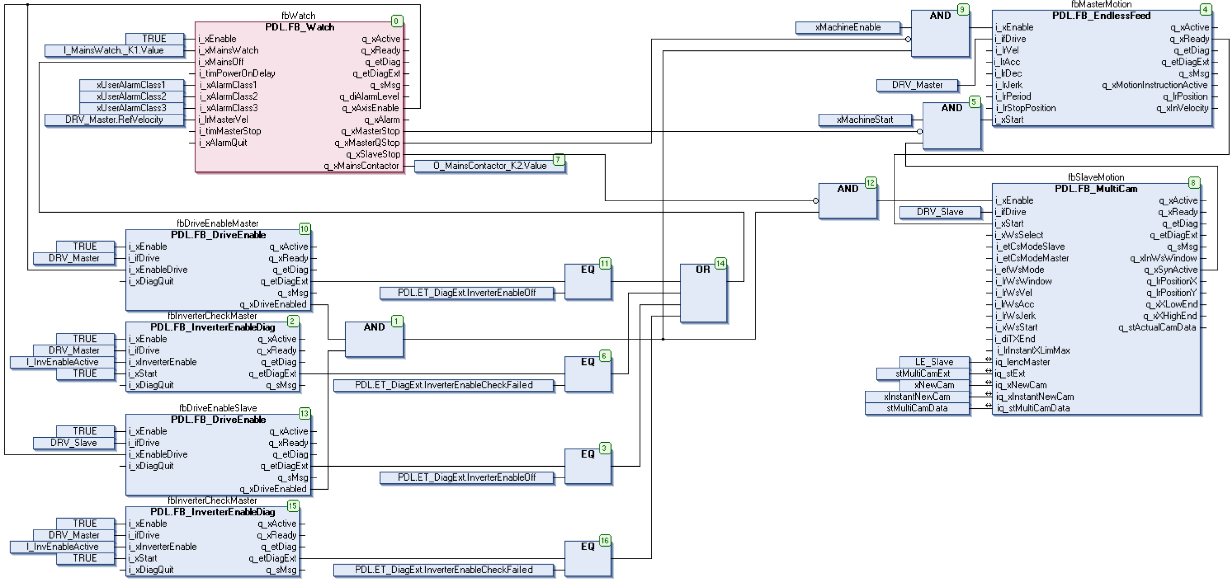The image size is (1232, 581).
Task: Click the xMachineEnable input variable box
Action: pyautogui.click(x=847, y=27)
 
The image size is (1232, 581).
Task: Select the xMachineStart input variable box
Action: pyautogui.click(x=864, y=120)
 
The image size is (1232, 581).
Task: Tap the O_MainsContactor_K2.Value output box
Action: pyautogui.click(x=489, y=166)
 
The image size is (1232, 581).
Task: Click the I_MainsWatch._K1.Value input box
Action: pyautogui.click(x=113, y=50)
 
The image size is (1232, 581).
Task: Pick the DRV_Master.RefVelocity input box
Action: pyautogui.click(x=113, y=120)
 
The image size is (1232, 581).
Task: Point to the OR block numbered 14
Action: pyautogui.click(x=703, y=293)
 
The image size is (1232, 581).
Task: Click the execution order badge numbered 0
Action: pyautogui.click(x=396, y=21)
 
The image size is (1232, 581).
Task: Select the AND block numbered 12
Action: pyautogui.click(x=847, y=201)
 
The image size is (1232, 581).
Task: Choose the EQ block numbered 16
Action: pyautogui.click(x=588, y=558)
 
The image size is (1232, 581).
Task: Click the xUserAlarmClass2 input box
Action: pyautogui.click(x=131, y=96)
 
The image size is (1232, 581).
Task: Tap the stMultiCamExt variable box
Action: pyautogui.click(x=922, y=373)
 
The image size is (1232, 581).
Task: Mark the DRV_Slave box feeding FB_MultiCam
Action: pyautogui.click(x=939, y=212)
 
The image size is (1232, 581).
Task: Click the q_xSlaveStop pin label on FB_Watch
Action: pyautogui.click(x=373, y=154)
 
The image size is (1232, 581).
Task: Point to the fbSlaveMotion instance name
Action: pyautogui.click(x=1096, y=177)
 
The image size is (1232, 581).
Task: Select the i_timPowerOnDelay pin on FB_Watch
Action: pyautogui.click(x=237, y=73)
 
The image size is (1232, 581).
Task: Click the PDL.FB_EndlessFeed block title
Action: pyautogui.click(x=1101, y=15)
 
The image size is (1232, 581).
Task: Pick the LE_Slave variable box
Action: pyautogui.click(x=934, y=362)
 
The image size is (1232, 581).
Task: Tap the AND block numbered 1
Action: pyautogui.click(x=374, y=339)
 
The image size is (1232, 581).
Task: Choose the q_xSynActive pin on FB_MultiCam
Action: pyautogui.click(x=1171, y=270)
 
